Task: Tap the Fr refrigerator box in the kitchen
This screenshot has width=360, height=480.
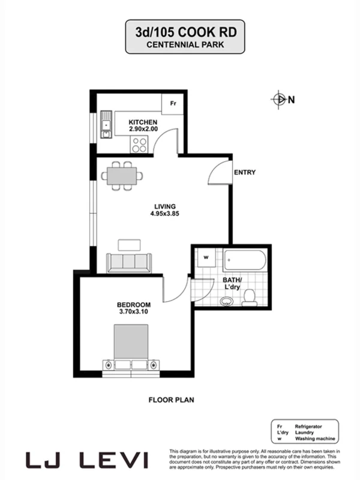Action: pos(173,103)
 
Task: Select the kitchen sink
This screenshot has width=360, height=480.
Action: pos(106,125)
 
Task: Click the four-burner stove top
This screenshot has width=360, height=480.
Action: pos(139,144)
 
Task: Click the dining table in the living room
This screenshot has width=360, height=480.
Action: pos(122,176)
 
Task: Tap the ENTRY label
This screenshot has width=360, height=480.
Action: pos(245,173)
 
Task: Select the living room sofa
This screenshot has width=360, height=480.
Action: pos(127,262)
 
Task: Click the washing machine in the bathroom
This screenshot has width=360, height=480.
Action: pos(206,258)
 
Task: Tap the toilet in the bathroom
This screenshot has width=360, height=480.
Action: pos(250,297)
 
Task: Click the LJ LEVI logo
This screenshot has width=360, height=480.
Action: pos(87,461)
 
